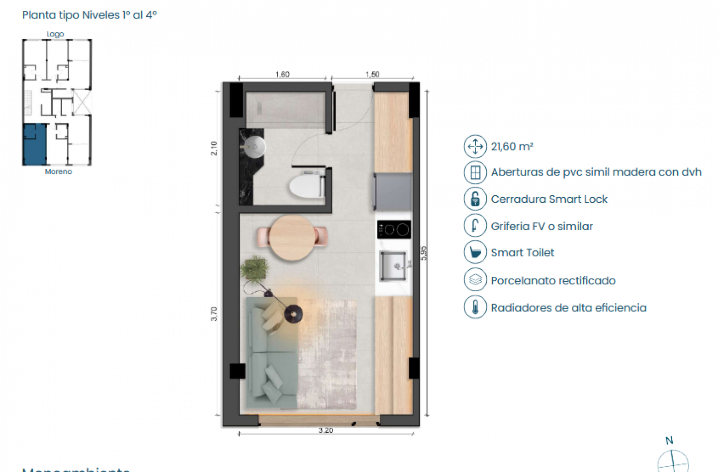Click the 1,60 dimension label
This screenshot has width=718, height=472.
(x=282, y=75)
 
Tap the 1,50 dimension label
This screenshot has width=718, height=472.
(x=372, y=75)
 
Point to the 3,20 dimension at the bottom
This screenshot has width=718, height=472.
(x=326, y=430)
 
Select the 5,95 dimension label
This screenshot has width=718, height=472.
(x=423, y=253)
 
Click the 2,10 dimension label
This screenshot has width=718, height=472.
(x=214, y=148)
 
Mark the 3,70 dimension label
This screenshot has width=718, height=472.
(x=214, y=314)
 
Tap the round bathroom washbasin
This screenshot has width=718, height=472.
(x=254, y=147)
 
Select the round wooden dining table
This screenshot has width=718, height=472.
(x=292, y=237)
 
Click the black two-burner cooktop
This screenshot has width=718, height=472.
(x=394, y=230)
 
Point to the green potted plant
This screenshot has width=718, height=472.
(x=255, y=269)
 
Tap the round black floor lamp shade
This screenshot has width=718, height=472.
(x=293, y=314)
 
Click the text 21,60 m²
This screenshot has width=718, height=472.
(x=512, y=147)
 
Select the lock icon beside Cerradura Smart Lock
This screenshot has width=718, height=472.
(x=475, y=199)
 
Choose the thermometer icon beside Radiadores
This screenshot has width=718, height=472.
(x=475, y=307)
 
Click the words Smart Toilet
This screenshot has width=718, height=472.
(x=522, y=252)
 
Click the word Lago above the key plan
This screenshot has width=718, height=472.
(x=55, y=34)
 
